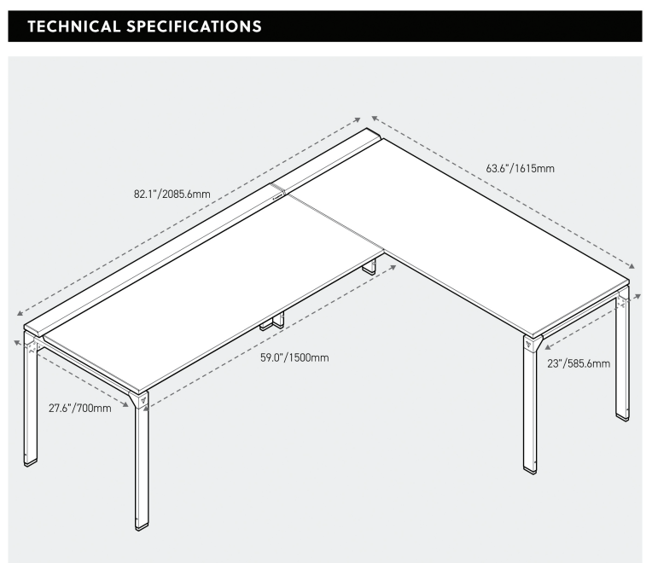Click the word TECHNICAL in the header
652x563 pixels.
[x=74, y=26]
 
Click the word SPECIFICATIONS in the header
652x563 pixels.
[x=194, y=26]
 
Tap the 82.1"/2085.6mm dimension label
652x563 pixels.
[x=172, y=194]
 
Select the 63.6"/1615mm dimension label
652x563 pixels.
[x=520, y=169]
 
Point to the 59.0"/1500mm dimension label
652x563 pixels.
[x=294, y=357]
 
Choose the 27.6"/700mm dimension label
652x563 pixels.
[x=79, y=408]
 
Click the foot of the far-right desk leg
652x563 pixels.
[x=623, y=415]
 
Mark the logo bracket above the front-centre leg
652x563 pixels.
[x=143, y=398]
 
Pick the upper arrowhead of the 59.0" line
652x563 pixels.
[x=393, y=266]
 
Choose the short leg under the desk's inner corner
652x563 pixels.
[x=370, y=268]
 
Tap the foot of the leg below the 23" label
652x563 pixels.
[x=530, y=467]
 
